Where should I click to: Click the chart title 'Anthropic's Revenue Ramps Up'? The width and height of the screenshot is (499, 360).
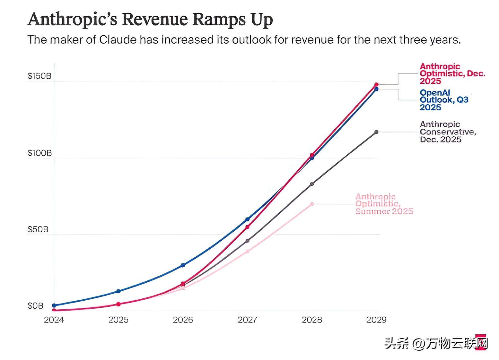coord(150,19)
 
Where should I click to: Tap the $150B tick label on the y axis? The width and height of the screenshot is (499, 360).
coord(39,76)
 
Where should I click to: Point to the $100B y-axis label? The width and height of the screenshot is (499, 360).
coord(39,153)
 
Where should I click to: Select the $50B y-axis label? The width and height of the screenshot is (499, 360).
coord(38,229)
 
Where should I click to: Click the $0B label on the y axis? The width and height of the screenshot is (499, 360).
coord(35,306)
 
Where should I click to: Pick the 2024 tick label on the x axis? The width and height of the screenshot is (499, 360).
coord(54,320)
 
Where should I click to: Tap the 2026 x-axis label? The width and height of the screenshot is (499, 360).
coord(183,320)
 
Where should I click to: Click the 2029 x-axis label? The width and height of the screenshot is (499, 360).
coord(376,320)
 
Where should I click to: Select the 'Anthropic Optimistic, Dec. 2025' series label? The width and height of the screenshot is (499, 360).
coord(452,74)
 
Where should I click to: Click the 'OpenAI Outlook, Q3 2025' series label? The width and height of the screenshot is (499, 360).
coord(444,100)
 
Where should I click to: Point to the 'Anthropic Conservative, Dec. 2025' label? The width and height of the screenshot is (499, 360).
coord(448,132)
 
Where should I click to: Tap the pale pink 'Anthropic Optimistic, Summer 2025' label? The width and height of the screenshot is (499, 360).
coord(384,204)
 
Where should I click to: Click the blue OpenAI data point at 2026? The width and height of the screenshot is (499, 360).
coord(183,265)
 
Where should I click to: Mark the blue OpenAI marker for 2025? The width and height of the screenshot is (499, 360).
coord(118,291)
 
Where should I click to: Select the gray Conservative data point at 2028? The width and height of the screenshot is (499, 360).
coord(312,184)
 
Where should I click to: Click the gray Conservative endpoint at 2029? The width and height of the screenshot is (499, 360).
coord(376,132)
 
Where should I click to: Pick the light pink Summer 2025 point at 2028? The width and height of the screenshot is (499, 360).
coord(312,204)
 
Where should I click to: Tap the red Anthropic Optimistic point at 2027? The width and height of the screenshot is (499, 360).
coord(247,227)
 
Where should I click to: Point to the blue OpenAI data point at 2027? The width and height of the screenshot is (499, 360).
coord(247,219)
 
